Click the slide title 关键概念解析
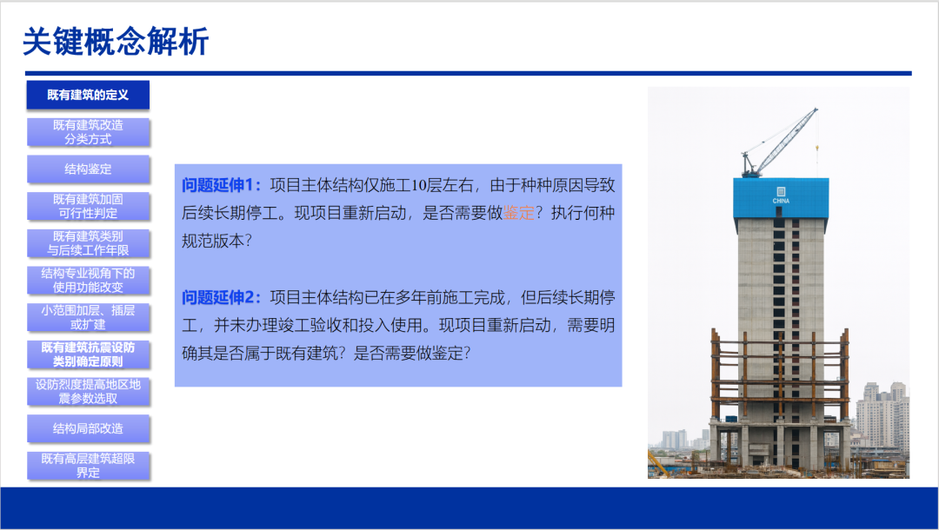pos(116,42)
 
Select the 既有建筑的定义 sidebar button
pos(88,95)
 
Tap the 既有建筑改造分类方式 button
pos(88,132)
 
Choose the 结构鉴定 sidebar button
pos(88,169)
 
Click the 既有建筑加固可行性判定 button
pos(88,207)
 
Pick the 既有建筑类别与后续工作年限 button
pos(88,243)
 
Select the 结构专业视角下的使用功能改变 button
pos(88,281)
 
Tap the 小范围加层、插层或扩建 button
pos(88,318)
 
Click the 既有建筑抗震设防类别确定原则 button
pos(88,354)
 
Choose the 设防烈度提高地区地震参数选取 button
pos(88,392)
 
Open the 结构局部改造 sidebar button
pos(88,429)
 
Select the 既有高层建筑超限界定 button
pos(88,466)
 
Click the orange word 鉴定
pos(518,213)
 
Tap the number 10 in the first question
pos(418,185)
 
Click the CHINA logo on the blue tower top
pos(781,195)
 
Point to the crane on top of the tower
pos(780,142)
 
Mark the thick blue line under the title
pos(469,74)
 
